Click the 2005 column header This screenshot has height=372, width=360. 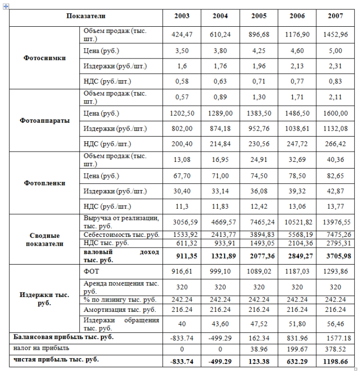pos(259,16)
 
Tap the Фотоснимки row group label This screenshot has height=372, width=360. pos(45,58)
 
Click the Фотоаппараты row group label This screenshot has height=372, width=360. pos(45,121)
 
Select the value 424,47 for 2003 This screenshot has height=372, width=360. pos(182,35)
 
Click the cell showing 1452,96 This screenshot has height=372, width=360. pos(335,35)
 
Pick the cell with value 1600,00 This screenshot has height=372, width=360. pos(335,114)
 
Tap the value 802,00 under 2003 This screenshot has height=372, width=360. pos(182,129)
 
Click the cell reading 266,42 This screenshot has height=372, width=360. pos(335,144)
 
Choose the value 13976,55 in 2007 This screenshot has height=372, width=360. pos(335,222)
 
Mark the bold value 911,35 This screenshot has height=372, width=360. pos(182,256)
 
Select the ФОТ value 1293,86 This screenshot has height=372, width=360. pos(335,271)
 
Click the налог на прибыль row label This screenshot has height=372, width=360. pos(41,348)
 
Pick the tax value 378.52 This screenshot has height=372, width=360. pos(335,348)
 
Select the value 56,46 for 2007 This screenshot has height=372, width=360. pos(335,323)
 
